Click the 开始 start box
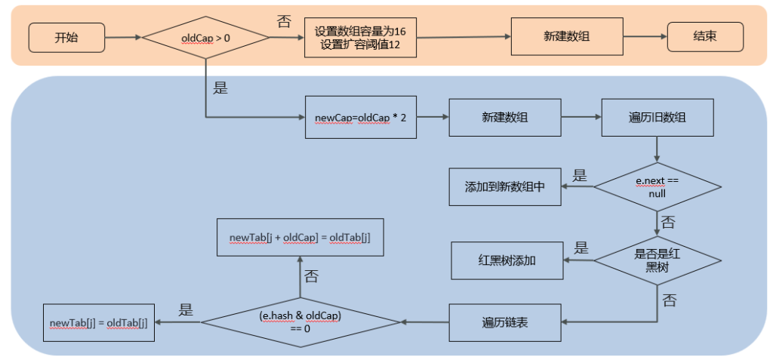66,38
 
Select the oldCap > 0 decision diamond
205,38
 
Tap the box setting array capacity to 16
360,38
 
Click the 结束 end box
706,37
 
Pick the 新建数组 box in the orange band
567,36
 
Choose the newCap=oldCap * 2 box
360,118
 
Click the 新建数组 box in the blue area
505,118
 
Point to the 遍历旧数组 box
658,118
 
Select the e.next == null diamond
658,187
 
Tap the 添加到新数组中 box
505,187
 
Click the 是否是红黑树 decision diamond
658,260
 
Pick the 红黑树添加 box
507,261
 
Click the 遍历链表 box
505,322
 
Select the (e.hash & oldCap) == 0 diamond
300,322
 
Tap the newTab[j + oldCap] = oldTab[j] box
300,237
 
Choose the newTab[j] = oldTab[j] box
99,323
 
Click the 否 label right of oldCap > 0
285,21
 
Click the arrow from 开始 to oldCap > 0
123,38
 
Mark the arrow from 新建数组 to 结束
645,37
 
